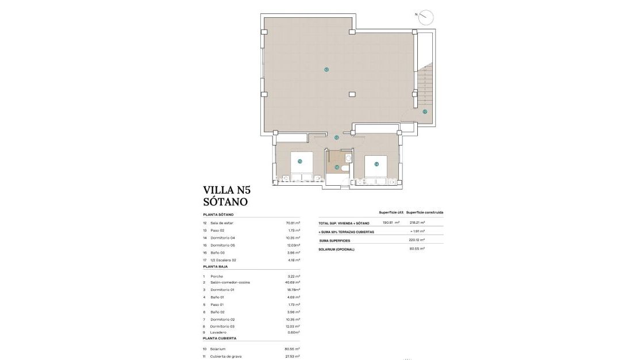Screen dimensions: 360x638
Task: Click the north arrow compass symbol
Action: (x=425, y=17)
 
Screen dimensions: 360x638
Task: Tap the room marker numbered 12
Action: (x=326, y=70)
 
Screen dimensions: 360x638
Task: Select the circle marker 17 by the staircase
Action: (x=425, y=112)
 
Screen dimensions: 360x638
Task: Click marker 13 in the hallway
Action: (x=337, y=137)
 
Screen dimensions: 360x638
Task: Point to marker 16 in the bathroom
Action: (x=337, y=167)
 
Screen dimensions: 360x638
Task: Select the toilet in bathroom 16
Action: (x=344, y=168)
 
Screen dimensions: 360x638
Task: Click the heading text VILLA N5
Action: (x=227, y=190)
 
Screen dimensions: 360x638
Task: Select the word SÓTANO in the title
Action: (x=225, y=202)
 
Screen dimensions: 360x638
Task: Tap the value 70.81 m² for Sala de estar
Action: (x=293, y=223)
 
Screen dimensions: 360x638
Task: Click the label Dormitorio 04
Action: (x=222, y=238)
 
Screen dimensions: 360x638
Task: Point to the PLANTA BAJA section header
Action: (x=216, y=267)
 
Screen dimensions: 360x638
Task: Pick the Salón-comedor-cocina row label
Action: (x=230, y=282)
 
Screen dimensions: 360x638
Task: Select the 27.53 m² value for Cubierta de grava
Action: (x=293, y=357)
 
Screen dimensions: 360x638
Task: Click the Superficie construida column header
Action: (x=425, y=212)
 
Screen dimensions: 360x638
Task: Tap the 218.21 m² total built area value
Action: (x=417, y=223)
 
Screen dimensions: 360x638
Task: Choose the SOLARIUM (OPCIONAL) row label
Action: (x=337, y=249)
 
